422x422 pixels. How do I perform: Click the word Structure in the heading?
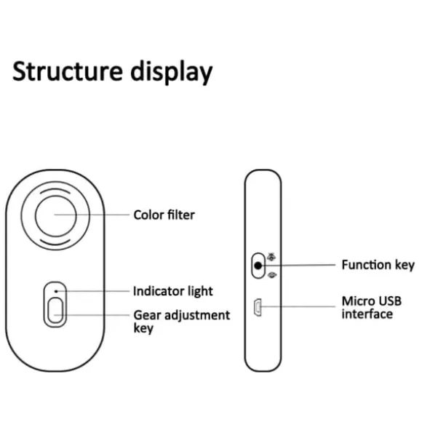pos(67,71)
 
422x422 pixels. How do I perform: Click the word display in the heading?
pos(172,71)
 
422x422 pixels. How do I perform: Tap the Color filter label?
pos(164,215)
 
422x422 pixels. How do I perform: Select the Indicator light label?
pos(172,291)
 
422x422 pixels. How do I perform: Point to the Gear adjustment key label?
pos(182,322)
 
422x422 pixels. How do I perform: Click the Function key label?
pos(378,265)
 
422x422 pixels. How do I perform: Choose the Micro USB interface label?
pos(371,307)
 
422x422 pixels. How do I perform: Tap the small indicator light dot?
pos(56,291)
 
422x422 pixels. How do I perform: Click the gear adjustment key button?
pos(55,310)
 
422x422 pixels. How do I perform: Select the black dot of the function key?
pos(258,266)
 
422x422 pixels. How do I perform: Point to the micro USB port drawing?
pos(258,307)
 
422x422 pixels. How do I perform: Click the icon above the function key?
pos(271,258)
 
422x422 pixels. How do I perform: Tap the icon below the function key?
pos(272,275)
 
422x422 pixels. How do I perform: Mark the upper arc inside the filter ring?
pos(55,189)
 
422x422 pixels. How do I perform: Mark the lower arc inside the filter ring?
pos(55,244)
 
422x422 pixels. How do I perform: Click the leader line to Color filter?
pos(92,215)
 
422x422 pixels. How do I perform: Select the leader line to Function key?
pos(299,265)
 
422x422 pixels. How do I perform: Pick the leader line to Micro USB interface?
pos(298,306)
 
